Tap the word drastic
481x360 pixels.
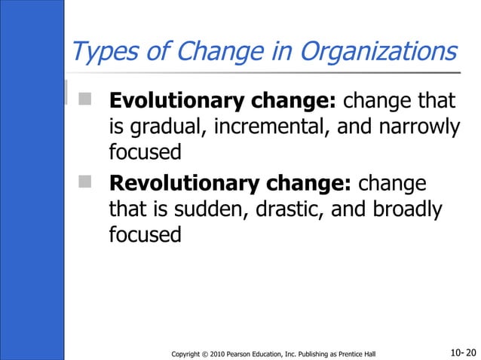[x=291, y=209]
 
